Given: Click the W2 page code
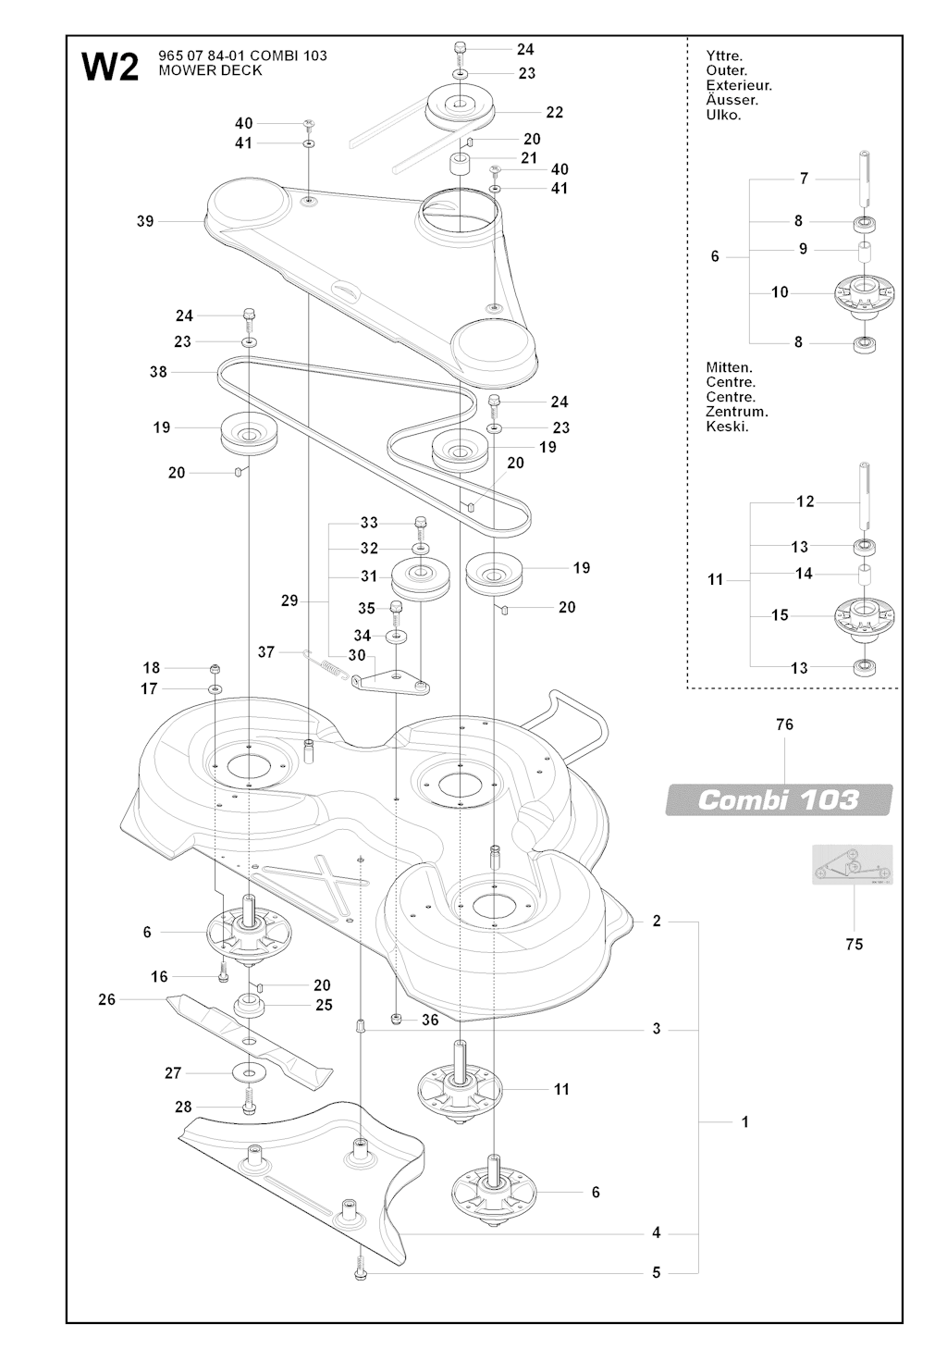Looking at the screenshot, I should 110,67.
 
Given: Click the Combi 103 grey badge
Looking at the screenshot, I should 778,799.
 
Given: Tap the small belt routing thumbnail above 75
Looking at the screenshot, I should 852,864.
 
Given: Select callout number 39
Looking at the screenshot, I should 145,222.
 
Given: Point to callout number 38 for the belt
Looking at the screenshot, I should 158,372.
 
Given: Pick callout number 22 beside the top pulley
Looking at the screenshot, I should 555,113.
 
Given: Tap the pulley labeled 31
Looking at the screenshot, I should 420,581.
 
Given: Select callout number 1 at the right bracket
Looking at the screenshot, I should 744,1122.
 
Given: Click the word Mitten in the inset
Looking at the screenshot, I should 730,367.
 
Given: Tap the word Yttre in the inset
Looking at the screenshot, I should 724,56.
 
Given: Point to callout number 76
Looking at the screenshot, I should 784,724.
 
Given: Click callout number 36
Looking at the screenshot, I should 430,1020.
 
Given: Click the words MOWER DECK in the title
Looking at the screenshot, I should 210,70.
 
